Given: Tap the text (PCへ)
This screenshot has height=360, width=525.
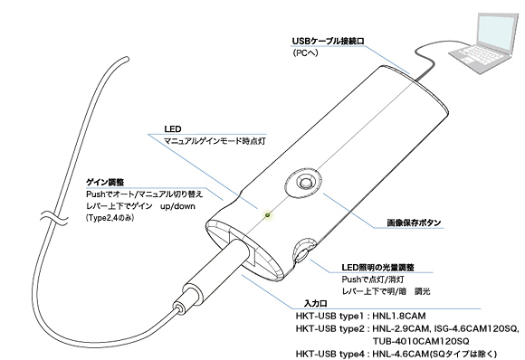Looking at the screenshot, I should (x=305, y=55).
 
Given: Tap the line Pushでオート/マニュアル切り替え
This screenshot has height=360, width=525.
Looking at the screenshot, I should (x=144, y=194).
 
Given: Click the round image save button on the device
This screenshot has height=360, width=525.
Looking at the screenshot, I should (x=298, y=183).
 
